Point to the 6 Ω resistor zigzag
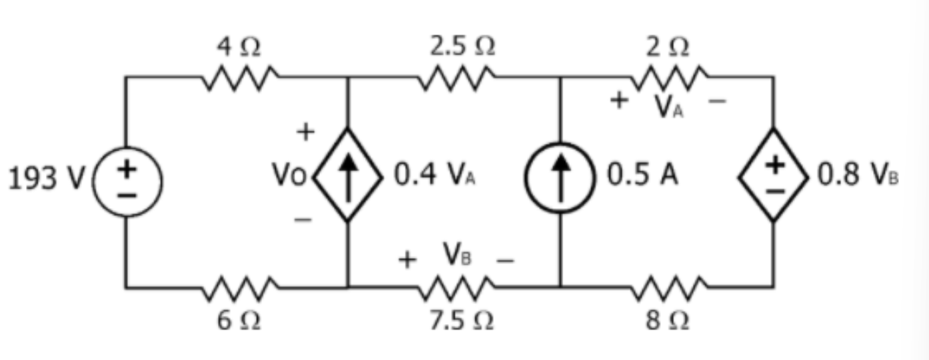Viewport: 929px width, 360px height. [x=239, y=288]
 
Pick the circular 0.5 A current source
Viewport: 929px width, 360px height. [x=562, y=175]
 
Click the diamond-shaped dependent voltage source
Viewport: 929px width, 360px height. [x=773, y=175]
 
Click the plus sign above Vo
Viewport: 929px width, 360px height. [x=305, y=133]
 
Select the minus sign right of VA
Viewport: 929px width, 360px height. [x=720, y=102]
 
